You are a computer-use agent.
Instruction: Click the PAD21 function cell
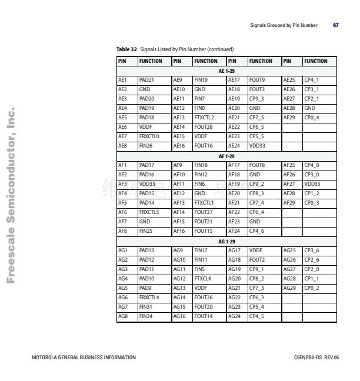pyautogui.click(x=146, y=79)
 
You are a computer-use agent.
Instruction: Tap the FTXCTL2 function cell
pyautogui.click(x=205, y=117)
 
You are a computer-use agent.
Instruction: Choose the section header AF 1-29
pyautogui.click(x=226, y=156)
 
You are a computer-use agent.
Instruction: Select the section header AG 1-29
pyautogui.click(x=226, y=242)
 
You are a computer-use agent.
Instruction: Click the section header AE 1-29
pyautogui.click(x=226, y=71)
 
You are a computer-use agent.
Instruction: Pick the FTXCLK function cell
pyautogui.click(x=203, y=279)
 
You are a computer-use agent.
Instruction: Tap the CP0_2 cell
pyautogui.click(x=312, y=289)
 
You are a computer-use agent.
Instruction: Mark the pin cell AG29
pyautogui.click(x=290, y=289)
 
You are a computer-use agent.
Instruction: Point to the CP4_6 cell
pyautogui.click(x=256, y=232)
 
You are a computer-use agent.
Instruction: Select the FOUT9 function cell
pyautogui.click(x=257, y=79)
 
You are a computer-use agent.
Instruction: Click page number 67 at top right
pyautogui.click(x=335, y=25)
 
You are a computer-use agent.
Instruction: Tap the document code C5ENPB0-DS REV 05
pyautogui.click(x=316, y=357)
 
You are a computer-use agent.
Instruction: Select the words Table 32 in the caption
pyautogui.click(x=127, y=49)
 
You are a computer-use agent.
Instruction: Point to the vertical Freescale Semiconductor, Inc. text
pyautogui.click(x=11, y=195)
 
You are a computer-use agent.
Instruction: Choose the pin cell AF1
pyautogui.click(x=123, y=165)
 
